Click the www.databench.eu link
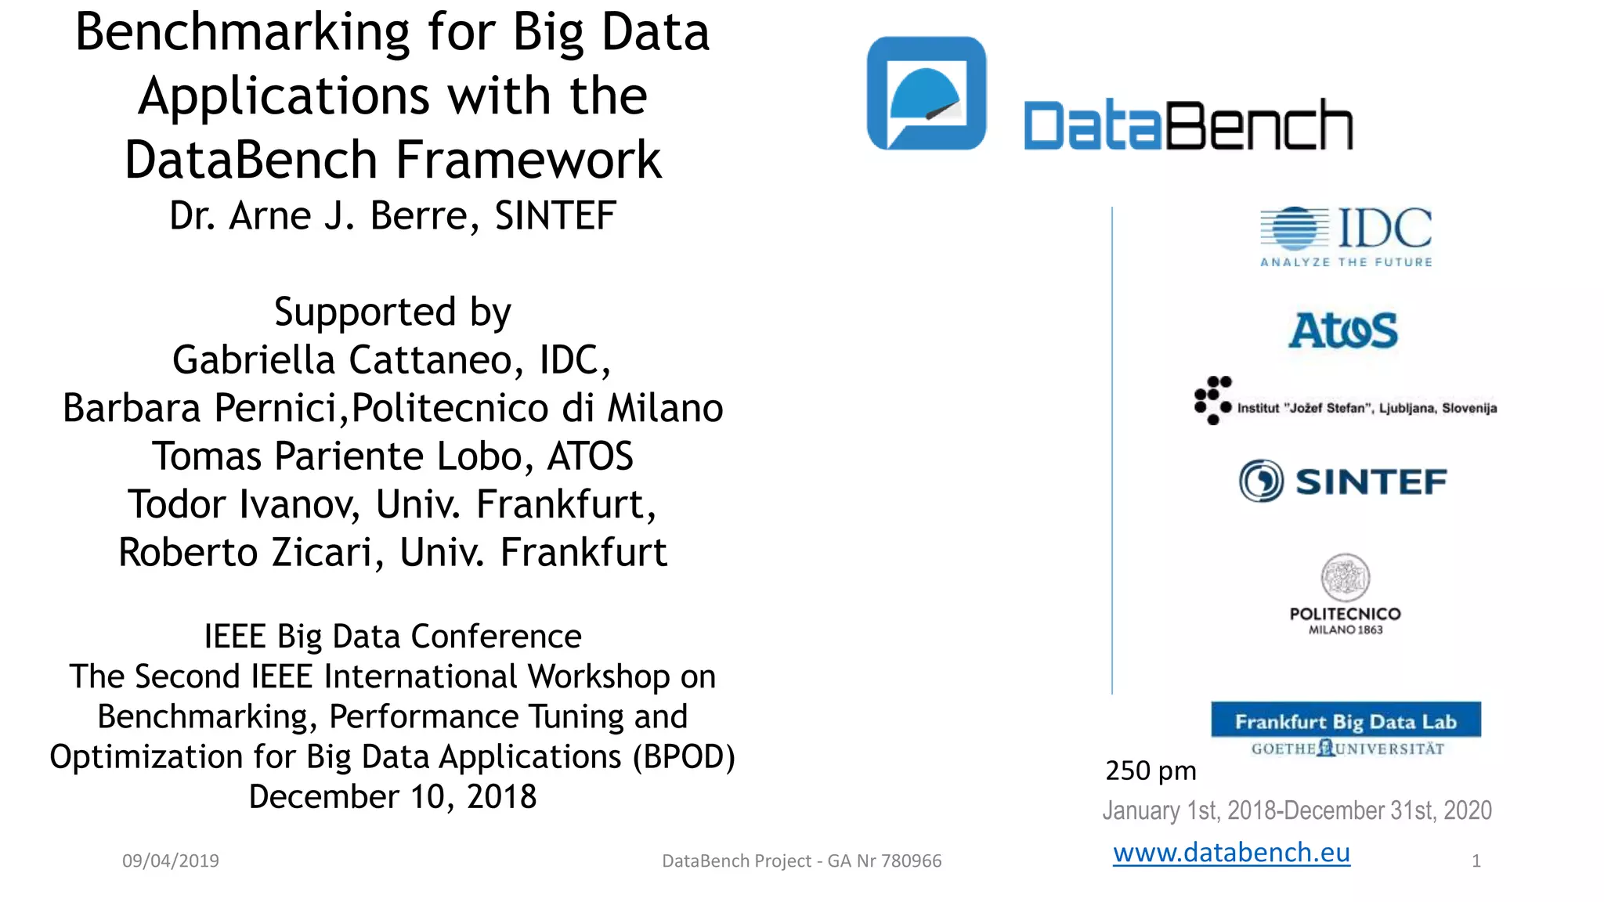(1231, 853)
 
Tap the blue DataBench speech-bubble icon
(927, 93)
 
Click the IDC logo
(1346, 236)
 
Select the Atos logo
(1343, 330)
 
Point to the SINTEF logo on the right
(1343, 481)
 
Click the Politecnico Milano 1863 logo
(1345, 595)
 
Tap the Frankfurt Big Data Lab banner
(1346, 721)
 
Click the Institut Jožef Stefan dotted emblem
(1212, 400)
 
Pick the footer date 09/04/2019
(171, 861)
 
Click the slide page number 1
(1476, 861)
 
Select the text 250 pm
(1151, 771)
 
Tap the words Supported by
(392, 312)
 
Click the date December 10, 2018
(392, 797)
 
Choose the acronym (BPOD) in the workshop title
(684, 757)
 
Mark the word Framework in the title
(529, 160)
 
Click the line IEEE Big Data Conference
(392, 637)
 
